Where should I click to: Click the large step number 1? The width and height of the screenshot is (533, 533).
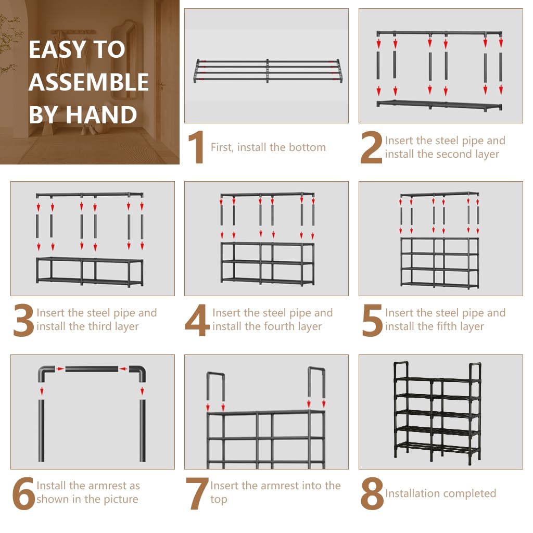tap(197, 147)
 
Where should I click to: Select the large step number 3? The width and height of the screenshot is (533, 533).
tap(23, 320)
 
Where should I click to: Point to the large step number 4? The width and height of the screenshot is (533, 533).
tap(197, 320)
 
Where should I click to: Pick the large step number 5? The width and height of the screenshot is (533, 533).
tap(372, 320)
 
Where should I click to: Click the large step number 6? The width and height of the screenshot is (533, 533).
tap(23, 493)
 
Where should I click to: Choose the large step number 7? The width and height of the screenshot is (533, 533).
tap(197, 493)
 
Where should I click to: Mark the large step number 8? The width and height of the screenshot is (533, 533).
tap(372, 493)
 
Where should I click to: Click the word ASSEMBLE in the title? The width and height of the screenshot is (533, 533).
tap(88, 82)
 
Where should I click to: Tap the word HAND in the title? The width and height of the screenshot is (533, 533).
tap(101, 115)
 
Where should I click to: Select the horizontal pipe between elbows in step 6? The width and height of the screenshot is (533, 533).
tap(92, 369)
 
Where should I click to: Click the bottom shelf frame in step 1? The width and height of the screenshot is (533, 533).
tap(268, 71)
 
